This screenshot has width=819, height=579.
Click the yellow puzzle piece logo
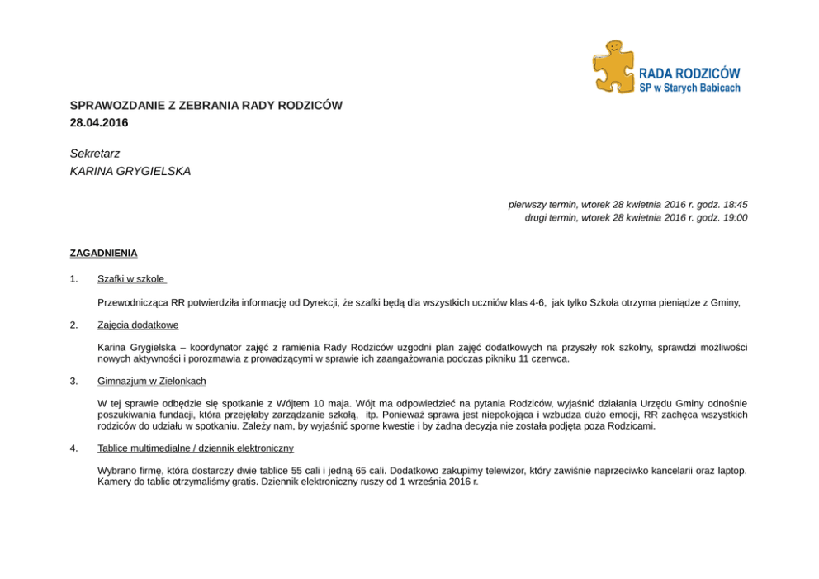pos(613,67)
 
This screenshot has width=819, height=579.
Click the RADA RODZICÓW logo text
pos(689,74)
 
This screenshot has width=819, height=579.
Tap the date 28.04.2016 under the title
pos(99,123)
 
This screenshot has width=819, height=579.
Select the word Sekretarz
pos(95,154)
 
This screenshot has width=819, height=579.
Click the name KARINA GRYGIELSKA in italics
pos(130,172)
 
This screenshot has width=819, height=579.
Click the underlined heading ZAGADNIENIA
pos(103,254)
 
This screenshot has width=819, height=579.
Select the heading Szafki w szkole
pos(130,279)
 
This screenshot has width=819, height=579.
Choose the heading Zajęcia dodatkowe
pos(138,325)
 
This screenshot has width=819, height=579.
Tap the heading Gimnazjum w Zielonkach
pos(152,381)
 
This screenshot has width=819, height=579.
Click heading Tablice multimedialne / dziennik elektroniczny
pos(196,448)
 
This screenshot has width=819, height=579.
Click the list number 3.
pos(73,381)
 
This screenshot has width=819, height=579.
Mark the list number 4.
pos(73,448)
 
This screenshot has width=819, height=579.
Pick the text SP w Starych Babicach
pos(689,88)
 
